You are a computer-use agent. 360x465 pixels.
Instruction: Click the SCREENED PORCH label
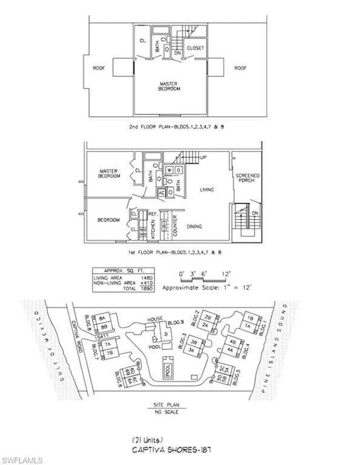click(x=247, y=178)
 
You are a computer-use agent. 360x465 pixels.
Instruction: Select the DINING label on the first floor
click(x=194, y=226)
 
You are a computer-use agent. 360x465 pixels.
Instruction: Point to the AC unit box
click(x=162, y=193)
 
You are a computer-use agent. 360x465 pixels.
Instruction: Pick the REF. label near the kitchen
click(x=153, y=214)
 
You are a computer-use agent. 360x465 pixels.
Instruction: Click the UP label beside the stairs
click(x=203, y=157)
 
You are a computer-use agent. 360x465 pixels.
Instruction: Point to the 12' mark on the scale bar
click(x=226, y=274)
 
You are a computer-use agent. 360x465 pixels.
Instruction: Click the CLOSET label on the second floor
click(x=195, y=48)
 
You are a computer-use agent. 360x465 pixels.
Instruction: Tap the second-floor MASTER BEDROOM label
click(x=170, y=86)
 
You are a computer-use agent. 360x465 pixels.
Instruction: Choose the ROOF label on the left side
click(x=99, y=68)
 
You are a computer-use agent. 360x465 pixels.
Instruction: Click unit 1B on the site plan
click(x=249, y=317)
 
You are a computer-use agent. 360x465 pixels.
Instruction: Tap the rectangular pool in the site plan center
click(x=167, y=367)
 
